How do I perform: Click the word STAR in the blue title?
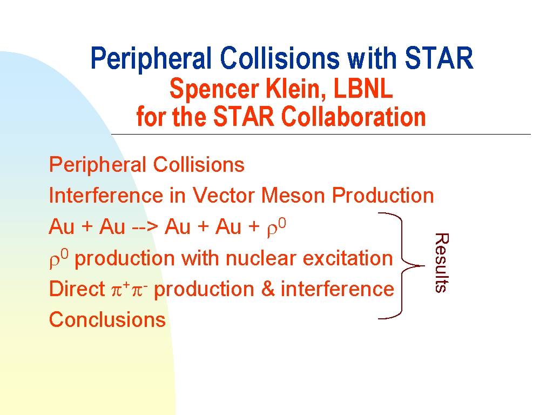[439, 58]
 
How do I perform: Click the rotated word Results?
[442, 263]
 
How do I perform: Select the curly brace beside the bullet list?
[402, 266]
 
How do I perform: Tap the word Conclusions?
[107, 320]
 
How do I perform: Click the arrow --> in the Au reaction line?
[145, 227]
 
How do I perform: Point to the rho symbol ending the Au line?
[276, 227]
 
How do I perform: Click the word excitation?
[348, 258]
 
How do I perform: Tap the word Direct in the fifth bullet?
[77, 289]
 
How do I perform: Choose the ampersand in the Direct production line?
[268, 289]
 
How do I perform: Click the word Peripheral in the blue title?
[151, 59]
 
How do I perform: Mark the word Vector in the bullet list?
[224, 196]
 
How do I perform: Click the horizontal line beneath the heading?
[321, 134]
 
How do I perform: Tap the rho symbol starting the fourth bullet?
[59, 259]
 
